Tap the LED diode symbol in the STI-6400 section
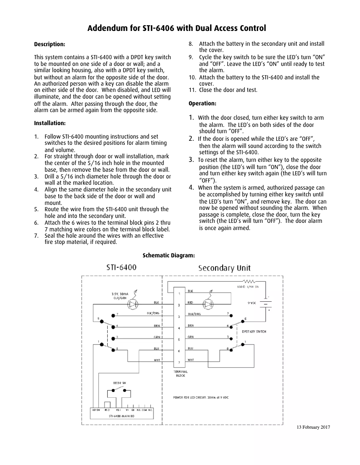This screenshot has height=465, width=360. (x=133, y=304)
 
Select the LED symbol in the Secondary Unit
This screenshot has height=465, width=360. (x=208, y=304)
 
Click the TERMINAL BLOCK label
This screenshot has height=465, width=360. (x=180, y=374)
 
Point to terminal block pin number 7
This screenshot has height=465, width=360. (x=179, y=362)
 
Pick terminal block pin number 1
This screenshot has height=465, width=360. (x=179, y=294)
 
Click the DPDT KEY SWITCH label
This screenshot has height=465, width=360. (x=254, y=331)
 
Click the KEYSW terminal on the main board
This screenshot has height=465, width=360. (x=96, y=410)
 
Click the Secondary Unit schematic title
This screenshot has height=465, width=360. (x=224, y=268)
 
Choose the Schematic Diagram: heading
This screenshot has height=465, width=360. (x=168, y=256)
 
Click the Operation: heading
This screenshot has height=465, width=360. (x=202, y=104)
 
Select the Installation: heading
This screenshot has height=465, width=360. (x=50, y=123)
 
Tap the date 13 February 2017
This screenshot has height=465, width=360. (x=313, y=427)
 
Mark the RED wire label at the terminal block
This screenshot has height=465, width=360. (x=190, y=303)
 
